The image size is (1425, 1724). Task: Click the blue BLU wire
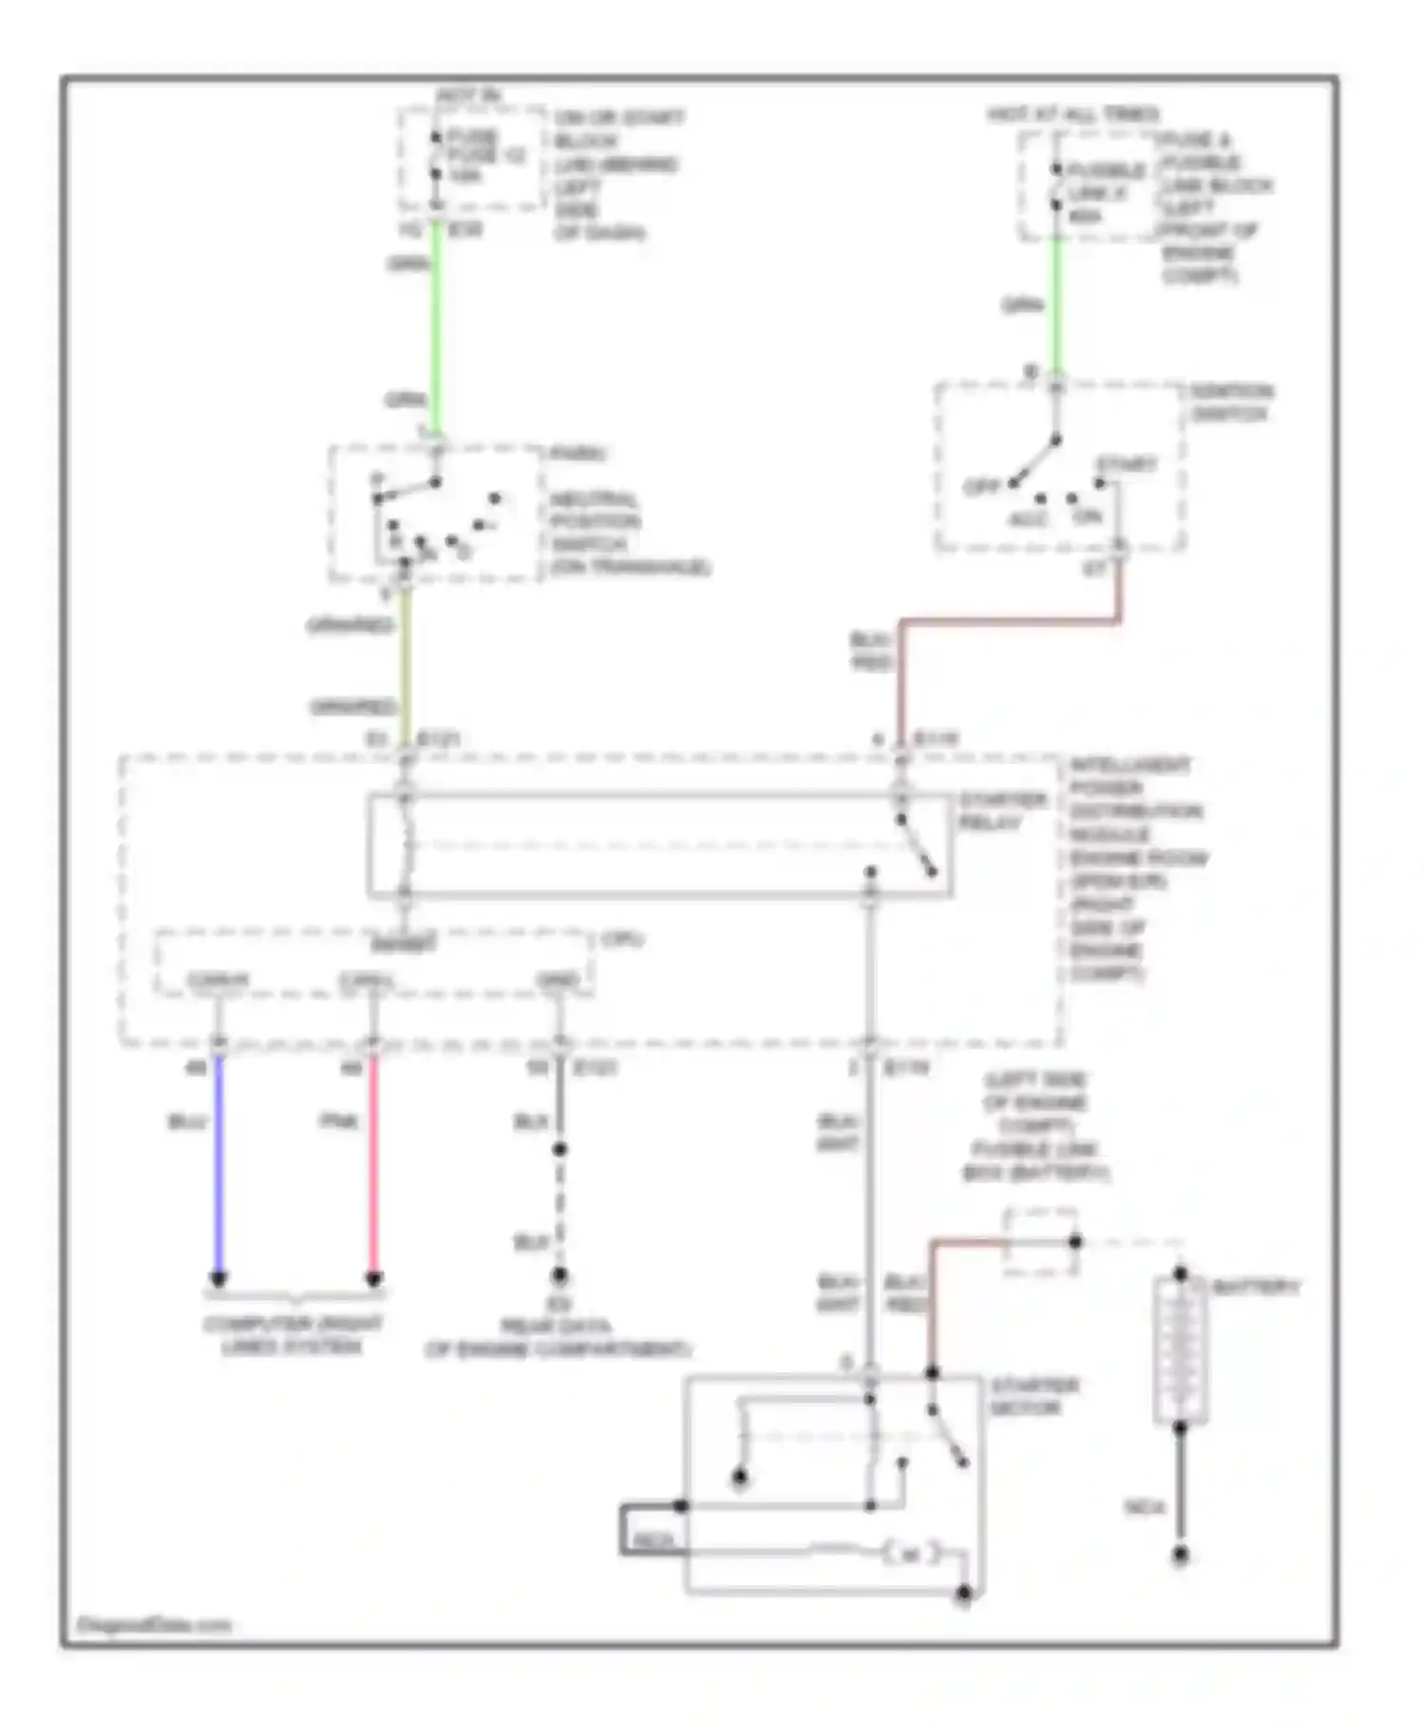tap(218, 1169)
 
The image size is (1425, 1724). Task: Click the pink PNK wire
tap(373, 1169)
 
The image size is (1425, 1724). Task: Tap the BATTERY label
tap(1254, 1287)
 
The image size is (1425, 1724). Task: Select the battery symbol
tap(1181, 1350)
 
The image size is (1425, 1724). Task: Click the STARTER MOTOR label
tap(1034, 1396)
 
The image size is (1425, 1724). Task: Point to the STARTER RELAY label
tap(1001, 812)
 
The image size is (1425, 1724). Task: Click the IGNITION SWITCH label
tap(1231, 403)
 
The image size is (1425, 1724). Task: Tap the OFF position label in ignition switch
tap(981, 487)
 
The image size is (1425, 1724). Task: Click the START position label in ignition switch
tap(1127, 465)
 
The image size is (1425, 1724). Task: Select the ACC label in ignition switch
tap(1026, 520)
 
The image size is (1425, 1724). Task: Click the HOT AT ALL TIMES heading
tap(1073, 115)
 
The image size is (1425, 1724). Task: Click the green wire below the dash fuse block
tap(436, 323)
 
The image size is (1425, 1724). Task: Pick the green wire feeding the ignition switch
tap(1055, 304)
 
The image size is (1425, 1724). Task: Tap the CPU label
tap(622, 940)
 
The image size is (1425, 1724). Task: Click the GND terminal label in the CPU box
tap(558, 980)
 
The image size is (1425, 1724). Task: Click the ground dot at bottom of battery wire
tap(1180, 1556)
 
